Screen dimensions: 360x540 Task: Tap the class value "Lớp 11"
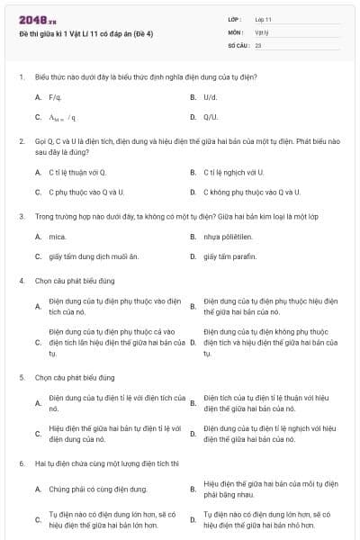[264, 19]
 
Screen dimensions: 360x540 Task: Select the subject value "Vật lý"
[262, 31]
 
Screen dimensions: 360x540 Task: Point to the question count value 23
[258, 44]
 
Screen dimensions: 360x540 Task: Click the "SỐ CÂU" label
[238, 44]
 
